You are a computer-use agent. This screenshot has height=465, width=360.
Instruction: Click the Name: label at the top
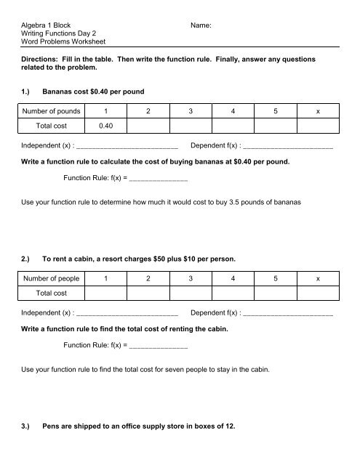point(200,25)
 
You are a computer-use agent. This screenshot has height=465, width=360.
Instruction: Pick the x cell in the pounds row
point(318,111)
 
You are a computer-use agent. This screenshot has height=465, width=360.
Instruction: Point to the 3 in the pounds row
point(191,111)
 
